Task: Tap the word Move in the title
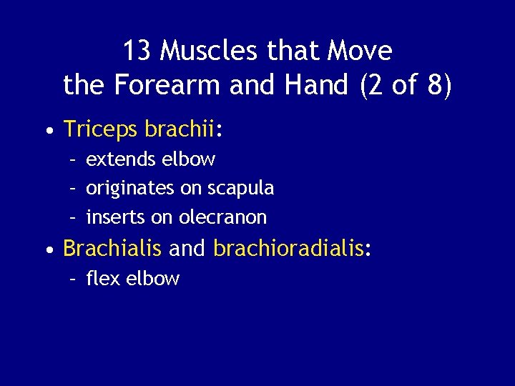pyautogui.click(x=360, y=51)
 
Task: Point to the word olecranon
pyautogui.click(x=222, y=217)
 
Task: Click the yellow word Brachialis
pyautogui.click(x=113, y=248)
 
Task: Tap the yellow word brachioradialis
pyautogui.click(x=288, y=248)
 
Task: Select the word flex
pyautogui.click(x=102, y=278)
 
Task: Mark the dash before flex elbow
pyautogui.click(x=73, y=279)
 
